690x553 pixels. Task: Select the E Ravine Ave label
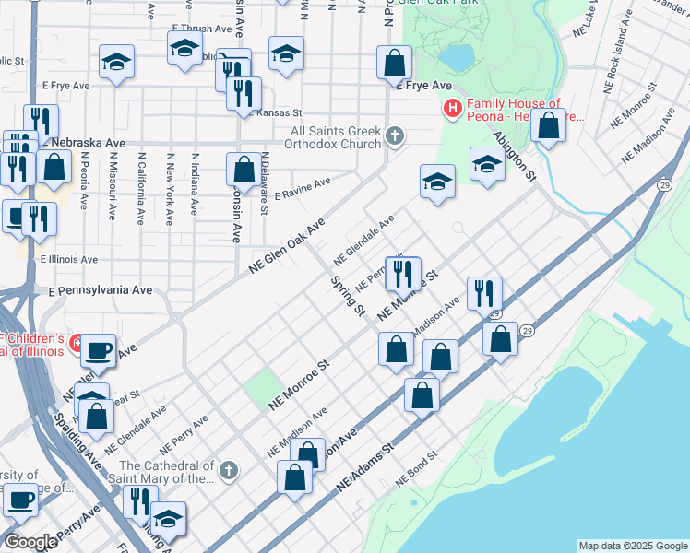[303, 184]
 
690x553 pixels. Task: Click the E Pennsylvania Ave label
[101, 289]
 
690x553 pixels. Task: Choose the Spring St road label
[348, 294]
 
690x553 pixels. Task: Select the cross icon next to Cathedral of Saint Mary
[229, 471]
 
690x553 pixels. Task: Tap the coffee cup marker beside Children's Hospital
[99, 351]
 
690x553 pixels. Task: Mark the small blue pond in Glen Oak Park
[456, 57]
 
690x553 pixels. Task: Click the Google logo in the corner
[30, 542]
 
